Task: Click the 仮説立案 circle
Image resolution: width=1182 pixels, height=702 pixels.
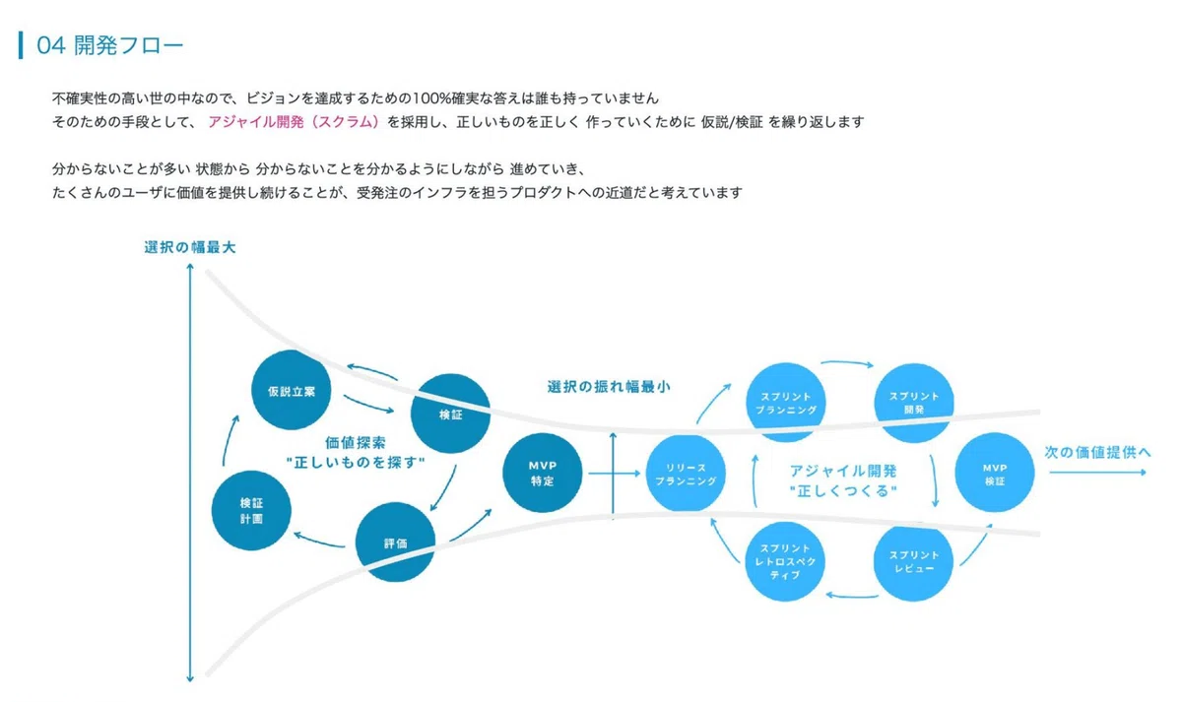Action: coord(291,390)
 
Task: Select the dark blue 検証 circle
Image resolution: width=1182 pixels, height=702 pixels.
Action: coord(450,415)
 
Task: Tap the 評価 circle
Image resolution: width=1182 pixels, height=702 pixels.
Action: coord(395,542)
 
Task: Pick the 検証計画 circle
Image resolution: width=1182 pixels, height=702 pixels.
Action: coord(251,511)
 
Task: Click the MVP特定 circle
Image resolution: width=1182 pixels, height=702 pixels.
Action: coord(543,473)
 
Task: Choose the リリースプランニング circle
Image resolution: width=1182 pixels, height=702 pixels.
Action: coord(686,474)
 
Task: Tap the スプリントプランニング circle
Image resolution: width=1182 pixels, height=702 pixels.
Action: coord(786,403)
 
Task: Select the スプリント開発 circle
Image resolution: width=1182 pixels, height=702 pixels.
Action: coord(914,403)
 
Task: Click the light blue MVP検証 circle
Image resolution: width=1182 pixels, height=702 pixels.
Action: coord(995,473)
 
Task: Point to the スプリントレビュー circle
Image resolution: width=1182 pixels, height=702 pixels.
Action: coord(913,561)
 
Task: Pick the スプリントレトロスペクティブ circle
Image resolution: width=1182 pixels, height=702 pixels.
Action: coord(785,561)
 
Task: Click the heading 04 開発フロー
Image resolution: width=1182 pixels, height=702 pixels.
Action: coord(109,45)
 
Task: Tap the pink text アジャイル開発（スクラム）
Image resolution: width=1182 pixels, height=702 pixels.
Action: coord(294,122)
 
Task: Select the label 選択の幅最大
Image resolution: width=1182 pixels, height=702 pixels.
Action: coord(190,247)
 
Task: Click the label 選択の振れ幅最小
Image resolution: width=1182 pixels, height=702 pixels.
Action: coord(609,387)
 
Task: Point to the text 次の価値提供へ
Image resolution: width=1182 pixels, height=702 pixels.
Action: coord(1097,452)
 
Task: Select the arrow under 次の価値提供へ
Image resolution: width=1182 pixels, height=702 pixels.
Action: coord(1098,472)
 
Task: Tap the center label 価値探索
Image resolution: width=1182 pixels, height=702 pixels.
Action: coord(356,442)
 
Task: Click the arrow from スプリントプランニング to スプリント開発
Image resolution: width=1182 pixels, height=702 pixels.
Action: coord(847,362)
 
